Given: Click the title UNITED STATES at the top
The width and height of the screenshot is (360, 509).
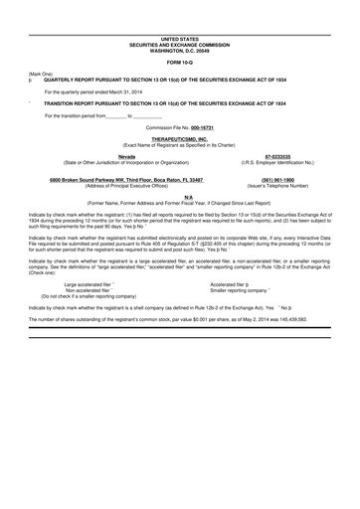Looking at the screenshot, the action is [x=180, y=39].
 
